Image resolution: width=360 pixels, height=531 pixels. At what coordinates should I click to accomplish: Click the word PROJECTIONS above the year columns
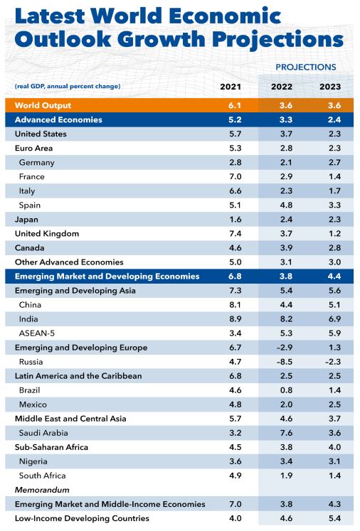[x=305, y=67]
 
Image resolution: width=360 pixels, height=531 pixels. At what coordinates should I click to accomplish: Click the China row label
[x=31, y=305]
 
